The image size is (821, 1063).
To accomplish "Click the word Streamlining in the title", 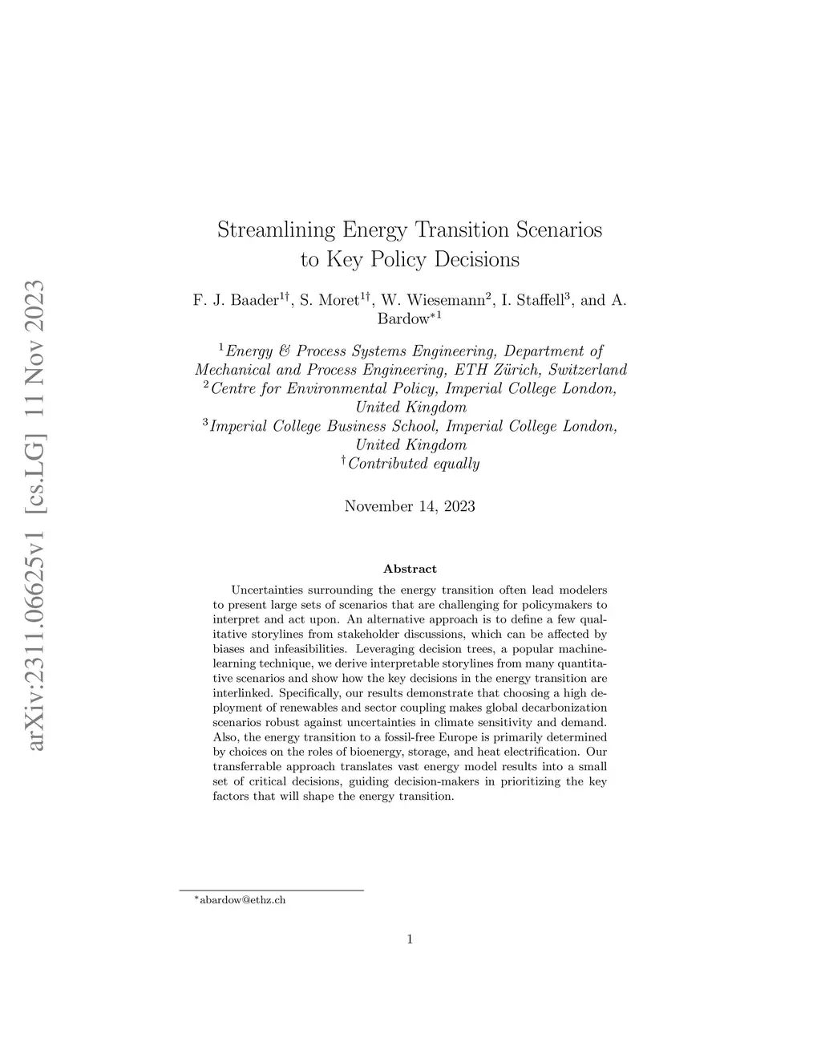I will click(x=277, y=230).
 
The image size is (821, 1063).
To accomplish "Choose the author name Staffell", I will click(x=532, y=301).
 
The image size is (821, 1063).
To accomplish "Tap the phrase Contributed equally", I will click(x=413, y=464).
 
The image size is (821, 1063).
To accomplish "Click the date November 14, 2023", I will click(x=410, y=506).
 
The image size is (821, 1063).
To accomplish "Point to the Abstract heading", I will click(x=410, y=569).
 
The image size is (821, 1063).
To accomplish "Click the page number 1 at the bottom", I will click(x=410, y=939).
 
